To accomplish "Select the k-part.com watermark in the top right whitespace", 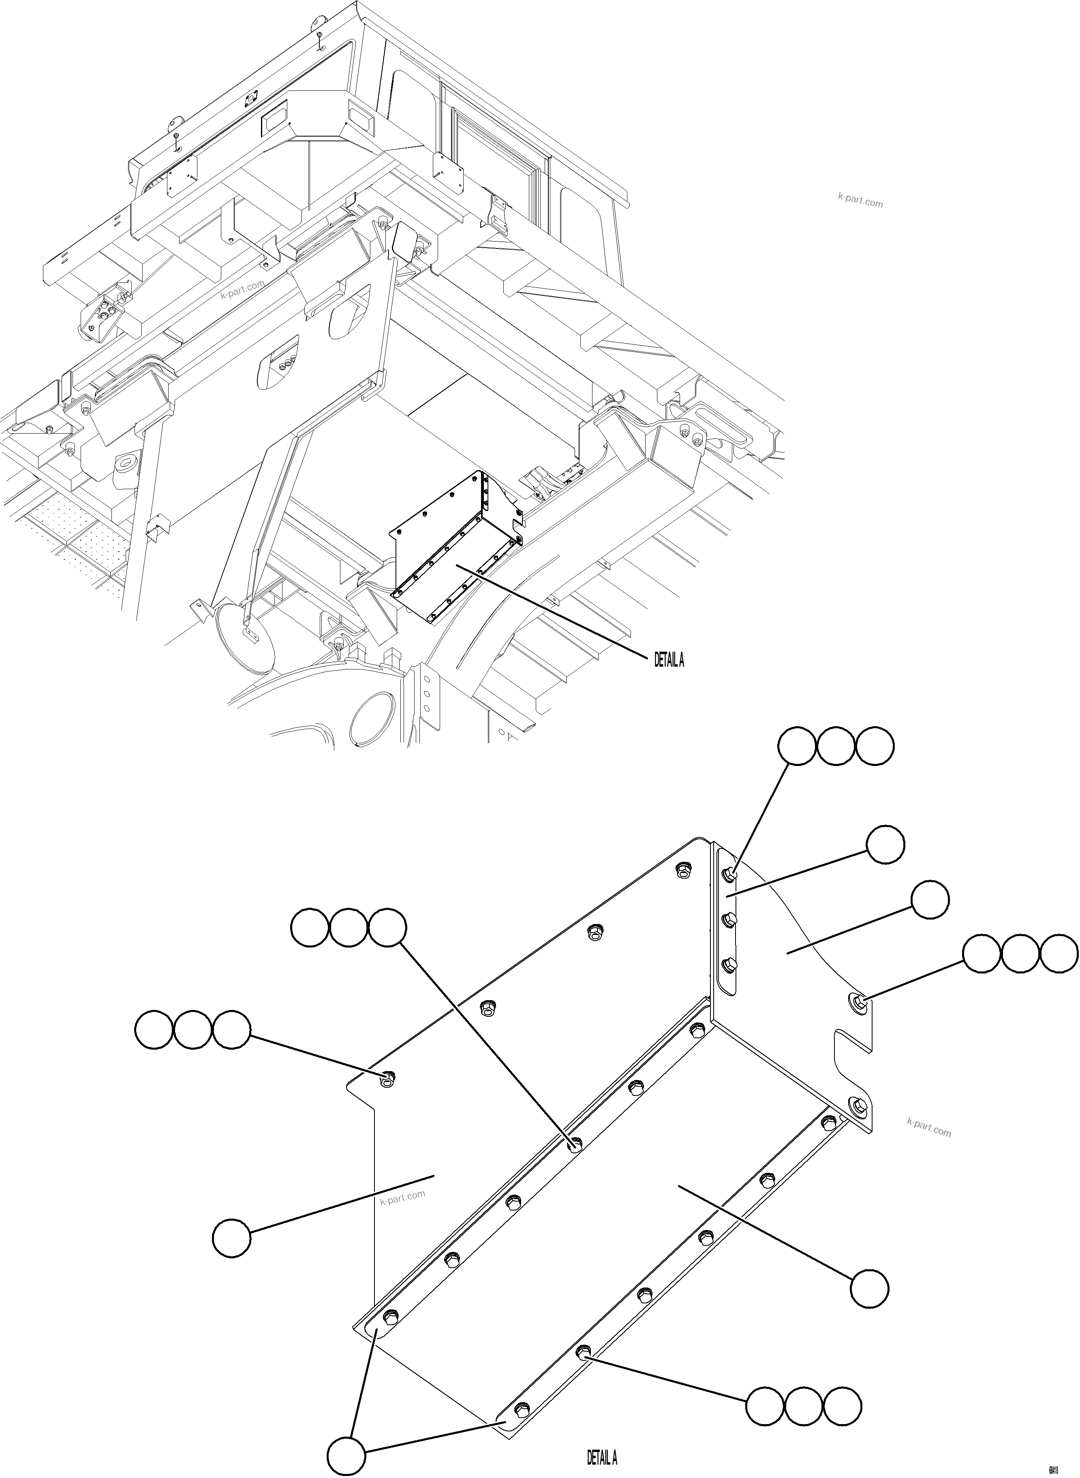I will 860,201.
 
